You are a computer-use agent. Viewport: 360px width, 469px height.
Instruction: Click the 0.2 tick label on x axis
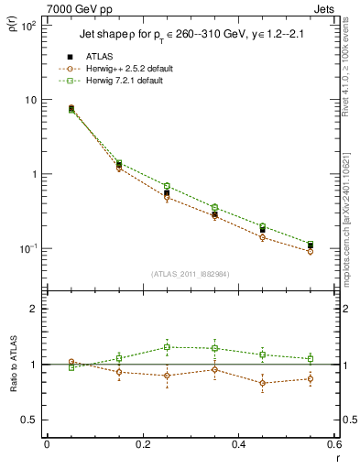142,443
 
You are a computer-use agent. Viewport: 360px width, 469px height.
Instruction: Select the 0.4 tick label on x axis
238,443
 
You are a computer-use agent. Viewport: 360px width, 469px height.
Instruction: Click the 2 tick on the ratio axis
35,309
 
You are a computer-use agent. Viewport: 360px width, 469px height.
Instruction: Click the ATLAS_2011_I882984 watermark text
191,275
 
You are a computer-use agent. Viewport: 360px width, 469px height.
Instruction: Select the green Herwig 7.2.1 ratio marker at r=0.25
167,347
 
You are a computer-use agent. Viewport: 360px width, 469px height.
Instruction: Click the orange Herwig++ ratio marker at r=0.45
263,383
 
